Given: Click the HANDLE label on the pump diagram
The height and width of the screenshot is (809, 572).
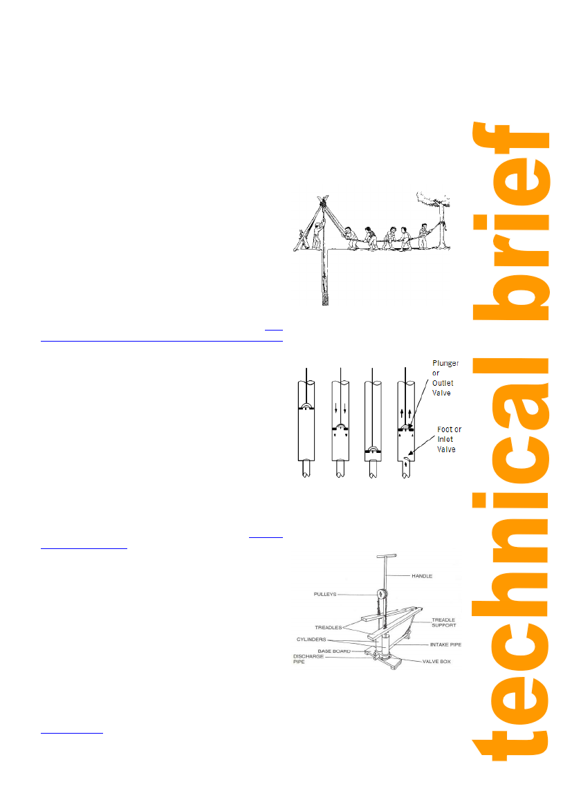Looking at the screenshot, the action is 422,576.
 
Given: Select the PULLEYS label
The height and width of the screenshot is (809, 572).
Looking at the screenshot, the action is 324,595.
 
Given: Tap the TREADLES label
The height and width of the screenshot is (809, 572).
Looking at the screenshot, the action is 329,627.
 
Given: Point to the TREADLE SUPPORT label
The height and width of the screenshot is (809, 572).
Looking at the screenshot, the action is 444,623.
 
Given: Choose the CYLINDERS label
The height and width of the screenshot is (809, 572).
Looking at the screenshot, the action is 311,640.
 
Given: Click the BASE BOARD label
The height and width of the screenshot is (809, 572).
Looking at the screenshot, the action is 334,651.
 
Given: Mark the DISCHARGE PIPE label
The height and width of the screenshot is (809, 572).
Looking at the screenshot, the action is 308,659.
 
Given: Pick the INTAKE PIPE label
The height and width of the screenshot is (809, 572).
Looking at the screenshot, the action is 445,644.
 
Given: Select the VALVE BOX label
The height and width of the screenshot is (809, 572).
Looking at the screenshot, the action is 436,662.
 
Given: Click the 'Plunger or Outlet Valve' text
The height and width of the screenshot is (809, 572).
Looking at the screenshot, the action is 445,378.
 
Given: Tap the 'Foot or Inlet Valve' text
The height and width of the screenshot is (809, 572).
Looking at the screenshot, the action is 449,440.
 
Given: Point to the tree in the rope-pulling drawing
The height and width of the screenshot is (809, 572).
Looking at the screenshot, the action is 438,219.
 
